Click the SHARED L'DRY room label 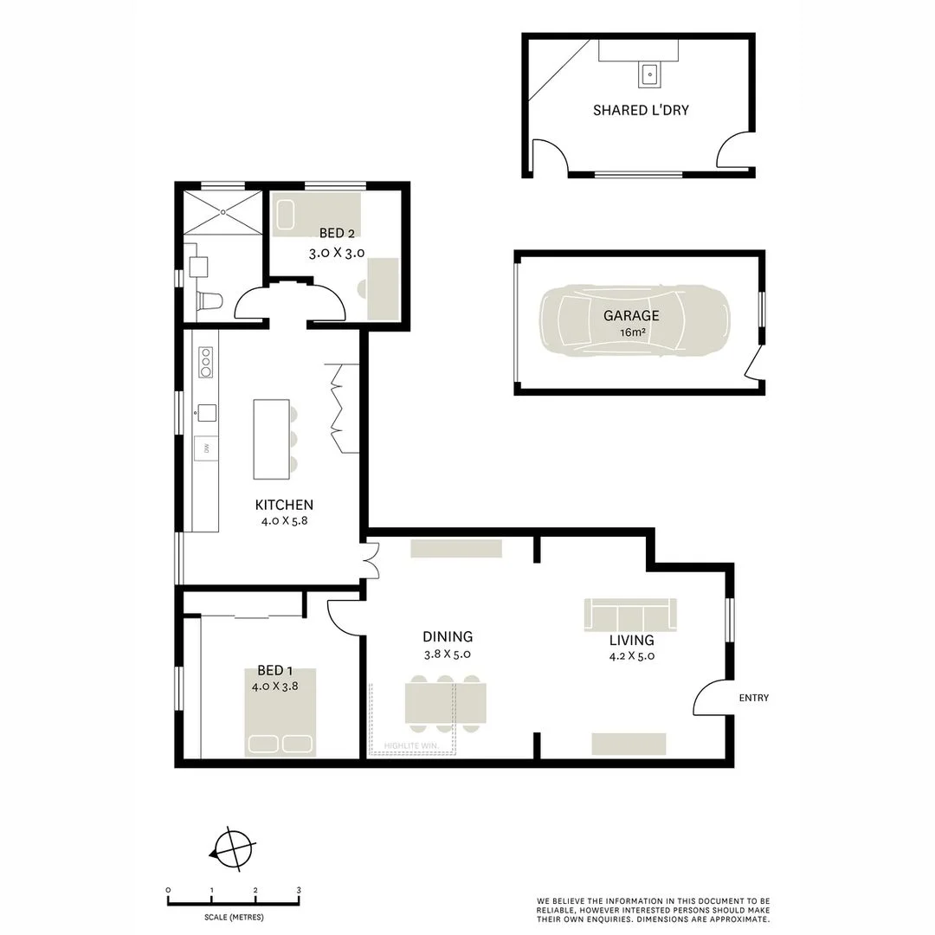pyautogui.click(x=641, y=110)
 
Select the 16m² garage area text pyautogui.click(x=631, y=332)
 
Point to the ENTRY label pyautogui.click(x=753, y=698)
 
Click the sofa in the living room pyautogui.click(x=630, y=616)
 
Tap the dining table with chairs pyautogui.click(x=446, y=703)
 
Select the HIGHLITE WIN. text pyautogui.click(x=411, y=745)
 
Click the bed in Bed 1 pyautogui.click(x=280, y=713)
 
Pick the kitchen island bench pyautogui.click(x=271, y=438)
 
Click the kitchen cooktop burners pyautogui.click(x=206, y=361)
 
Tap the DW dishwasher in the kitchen pyautogui.click(x=206, y=448)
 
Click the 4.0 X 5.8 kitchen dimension pyautogui.click(x=284, y=521)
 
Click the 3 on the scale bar pyautogui.click(x=299, y=890)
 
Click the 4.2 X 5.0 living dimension pyautogui.click(x=631, y=655)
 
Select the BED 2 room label pyautogui.click(x=337, y=233)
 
